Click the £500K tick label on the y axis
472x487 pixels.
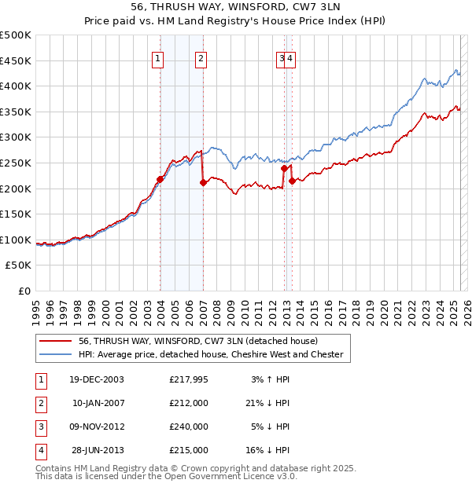(x=16, y=35)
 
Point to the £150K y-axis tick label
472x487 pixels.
(x=16, y=214)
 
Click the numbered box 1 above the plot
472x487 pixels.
(x=158, y=58)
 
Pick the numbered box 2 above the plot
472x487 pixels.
(x=201, y=58)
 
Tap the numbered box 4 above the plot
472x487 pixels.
(x=290, y=58)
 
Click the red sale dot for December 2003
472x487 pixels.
(x=160, y=179)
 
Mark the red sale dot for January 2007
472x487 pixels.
(x=203, y=182)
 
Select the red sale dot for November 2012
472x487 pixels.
(x=284, y=168)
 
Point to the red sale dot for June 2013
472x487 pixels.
(x=293, y=181)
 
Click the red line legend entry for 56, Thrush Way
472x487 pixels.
(x=197, y=342)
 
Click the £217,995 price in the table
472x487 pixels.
(x=189, y=379)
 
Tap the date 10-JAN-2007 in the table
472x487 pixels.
(x=98, y=403)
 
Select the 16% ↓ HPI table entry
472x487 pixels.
(x=271, y=450)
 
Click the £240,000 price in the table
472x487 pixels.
(x=189, y=427)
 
